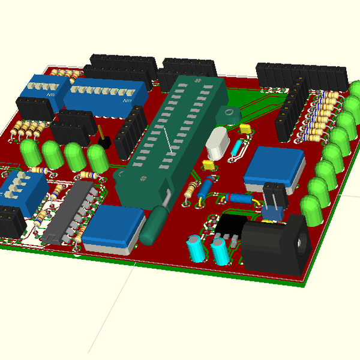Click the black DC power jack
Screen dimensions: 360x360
click(x=276, y=245)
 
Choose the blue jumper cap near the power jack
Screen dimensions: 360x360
click(x=274, y=212)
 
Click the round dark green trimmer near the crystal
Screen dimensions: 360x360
click(x=227, y=115)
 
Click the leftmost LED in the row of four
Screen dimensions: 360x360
click(x=30, y=152)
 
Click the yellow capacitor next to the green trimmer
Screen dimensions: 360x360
click(x=245, y=128)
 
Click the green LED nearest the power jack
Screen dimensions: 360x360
click(x=311, y=211)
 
